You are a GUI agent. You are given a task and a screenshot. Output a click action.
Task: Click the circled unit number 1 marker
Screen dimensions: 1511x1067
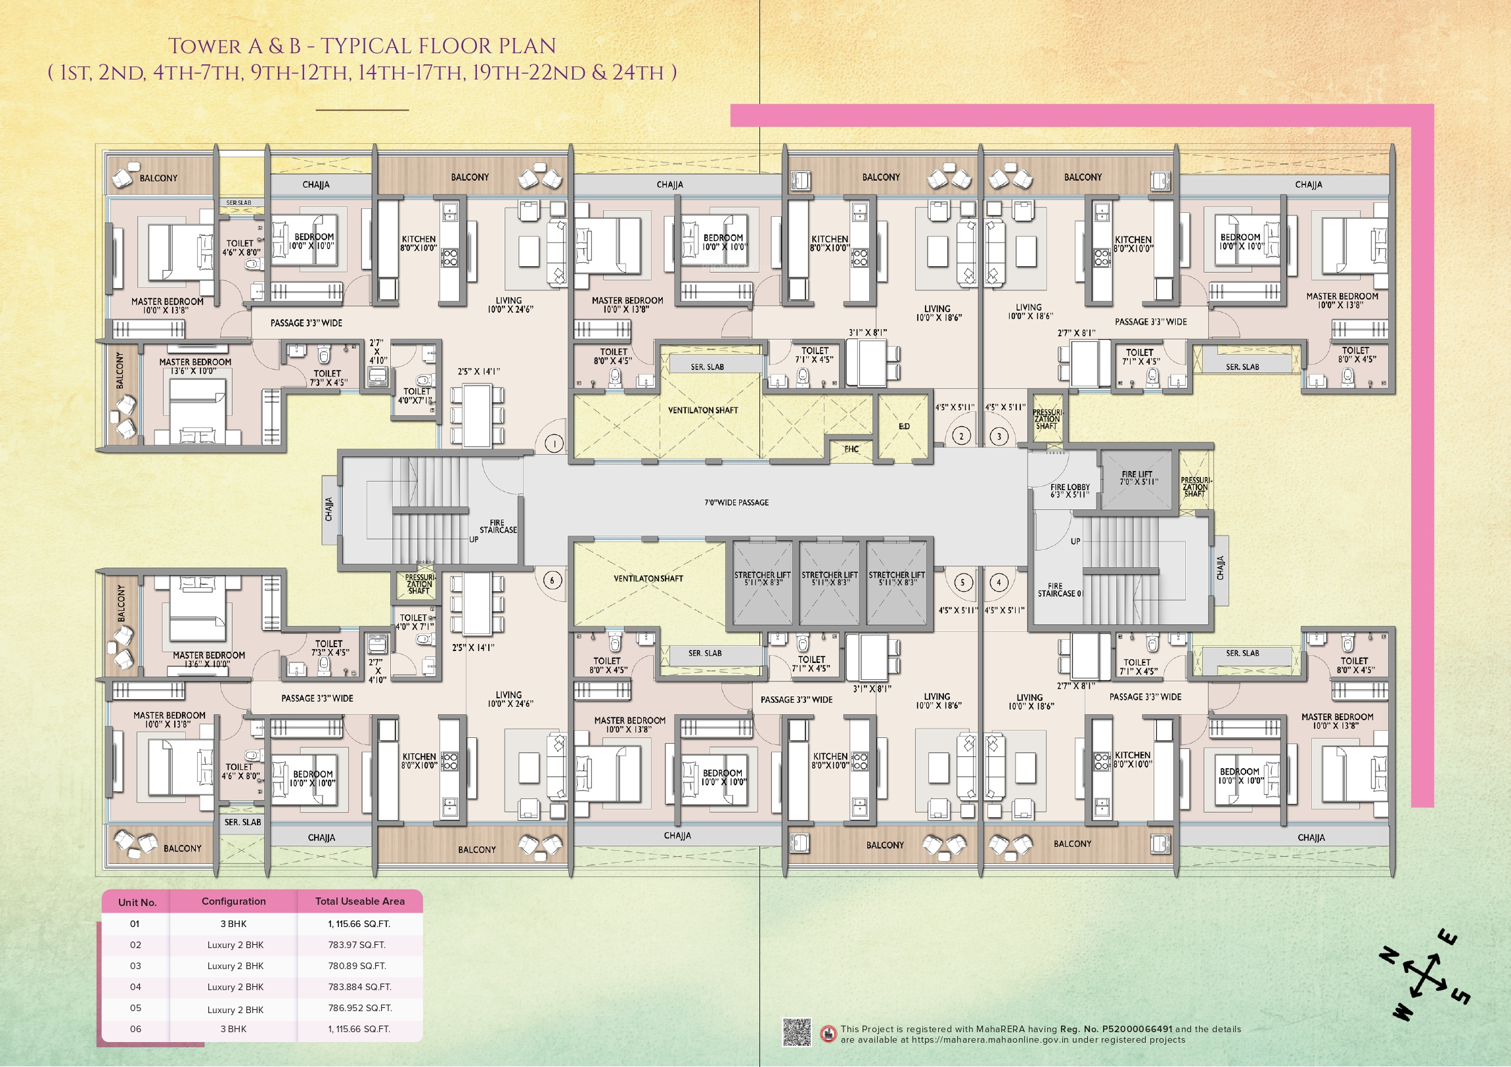point(554,443)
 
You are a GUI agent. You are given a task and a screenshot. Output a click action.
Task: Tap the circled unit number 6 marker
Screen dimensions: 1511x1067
point(552,580)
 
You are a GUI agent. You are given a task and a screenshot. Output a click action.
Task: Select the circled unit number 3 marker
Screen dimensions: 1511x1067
point(999,436)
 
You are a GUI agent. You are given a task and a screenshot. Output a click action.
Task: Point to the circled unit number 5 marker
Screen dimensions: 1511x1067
point(963,582)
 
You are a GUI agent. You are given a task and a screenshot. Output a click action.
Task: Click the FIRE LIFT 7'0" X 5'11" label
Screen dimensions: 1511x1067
point(1137,478)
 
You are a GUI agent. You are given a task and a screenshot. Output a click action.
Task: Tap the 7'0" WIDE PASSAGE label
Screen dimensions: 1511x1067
point(736,502)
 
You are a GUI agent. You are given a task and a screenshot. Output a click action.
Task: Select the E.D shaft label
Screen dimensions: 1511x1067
point(904,426)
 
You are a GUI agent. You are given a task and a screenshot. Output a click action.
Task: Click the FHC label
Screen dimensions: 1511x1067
point(851,449)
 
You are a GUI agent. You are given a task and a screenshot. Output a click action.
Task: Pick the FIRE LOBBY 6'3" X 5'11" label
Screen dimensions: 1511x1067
point(1070,490)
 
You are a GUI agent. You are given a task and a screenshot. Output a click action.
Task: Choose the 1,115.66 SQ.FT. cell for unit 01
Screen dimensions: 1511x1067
point(359,924)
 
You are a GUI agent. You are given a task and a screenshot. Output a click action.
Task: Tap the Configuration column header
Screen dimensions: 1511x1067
point(234,901)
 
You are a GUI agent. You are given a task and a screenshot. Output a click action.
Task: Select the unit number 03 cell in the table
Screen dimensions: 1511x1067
point(135,966)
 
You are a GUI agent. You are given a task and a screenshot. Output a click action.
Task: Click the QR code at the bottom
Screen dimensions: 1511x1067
point(796,1032)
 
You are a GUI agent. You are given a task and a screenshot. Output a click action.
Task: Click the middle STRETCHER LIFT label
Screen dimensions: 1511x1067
point(830,579)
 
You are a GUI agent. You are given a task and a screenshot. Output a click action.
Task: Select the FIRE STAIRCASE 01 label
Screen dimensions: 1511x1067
point(1060,590)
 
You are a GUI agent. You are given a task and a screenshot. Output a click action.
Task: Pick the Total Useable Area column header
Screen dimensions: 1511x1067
point(360,901)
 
